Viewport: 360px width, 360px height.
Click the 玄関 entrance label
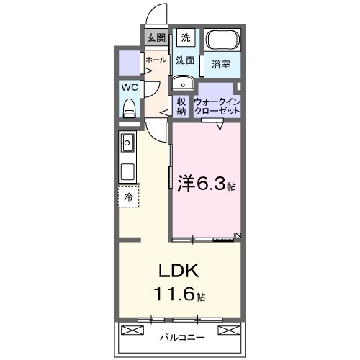156,37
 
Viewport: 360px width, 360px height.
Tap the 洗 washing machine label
186,37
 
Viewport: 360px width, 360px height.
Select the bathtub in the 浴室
223,40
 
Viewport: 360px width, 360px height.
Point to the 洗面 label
186,61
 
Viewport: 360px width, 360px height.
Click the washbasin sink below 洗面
181,81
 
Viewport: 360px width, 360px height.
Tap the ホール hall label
156,60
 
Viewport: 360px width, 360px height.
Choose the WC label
130,87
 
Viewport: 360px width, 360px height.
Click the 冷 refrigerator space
128,196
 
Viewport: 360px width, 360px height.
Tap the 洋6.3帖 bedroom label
206,183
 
